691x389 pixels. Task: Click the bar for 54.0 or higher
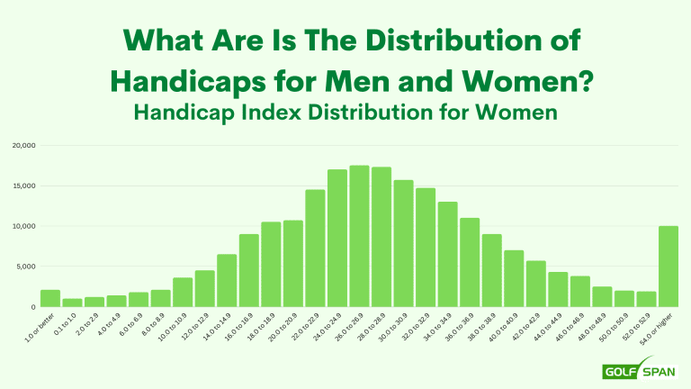(668, 267)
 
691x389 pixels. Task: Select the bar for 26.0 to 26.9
(359, 236)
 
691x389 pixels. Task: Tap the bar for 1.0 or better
(50, 298)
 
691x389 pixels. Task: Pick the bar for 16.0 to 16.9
(249, 270)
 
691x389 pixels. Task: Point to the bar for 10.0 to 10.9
(183, 292)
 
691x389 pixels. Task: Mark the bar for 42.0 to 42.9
(535, 284)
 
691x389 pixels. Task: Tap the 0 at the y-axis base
(31, 307)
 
